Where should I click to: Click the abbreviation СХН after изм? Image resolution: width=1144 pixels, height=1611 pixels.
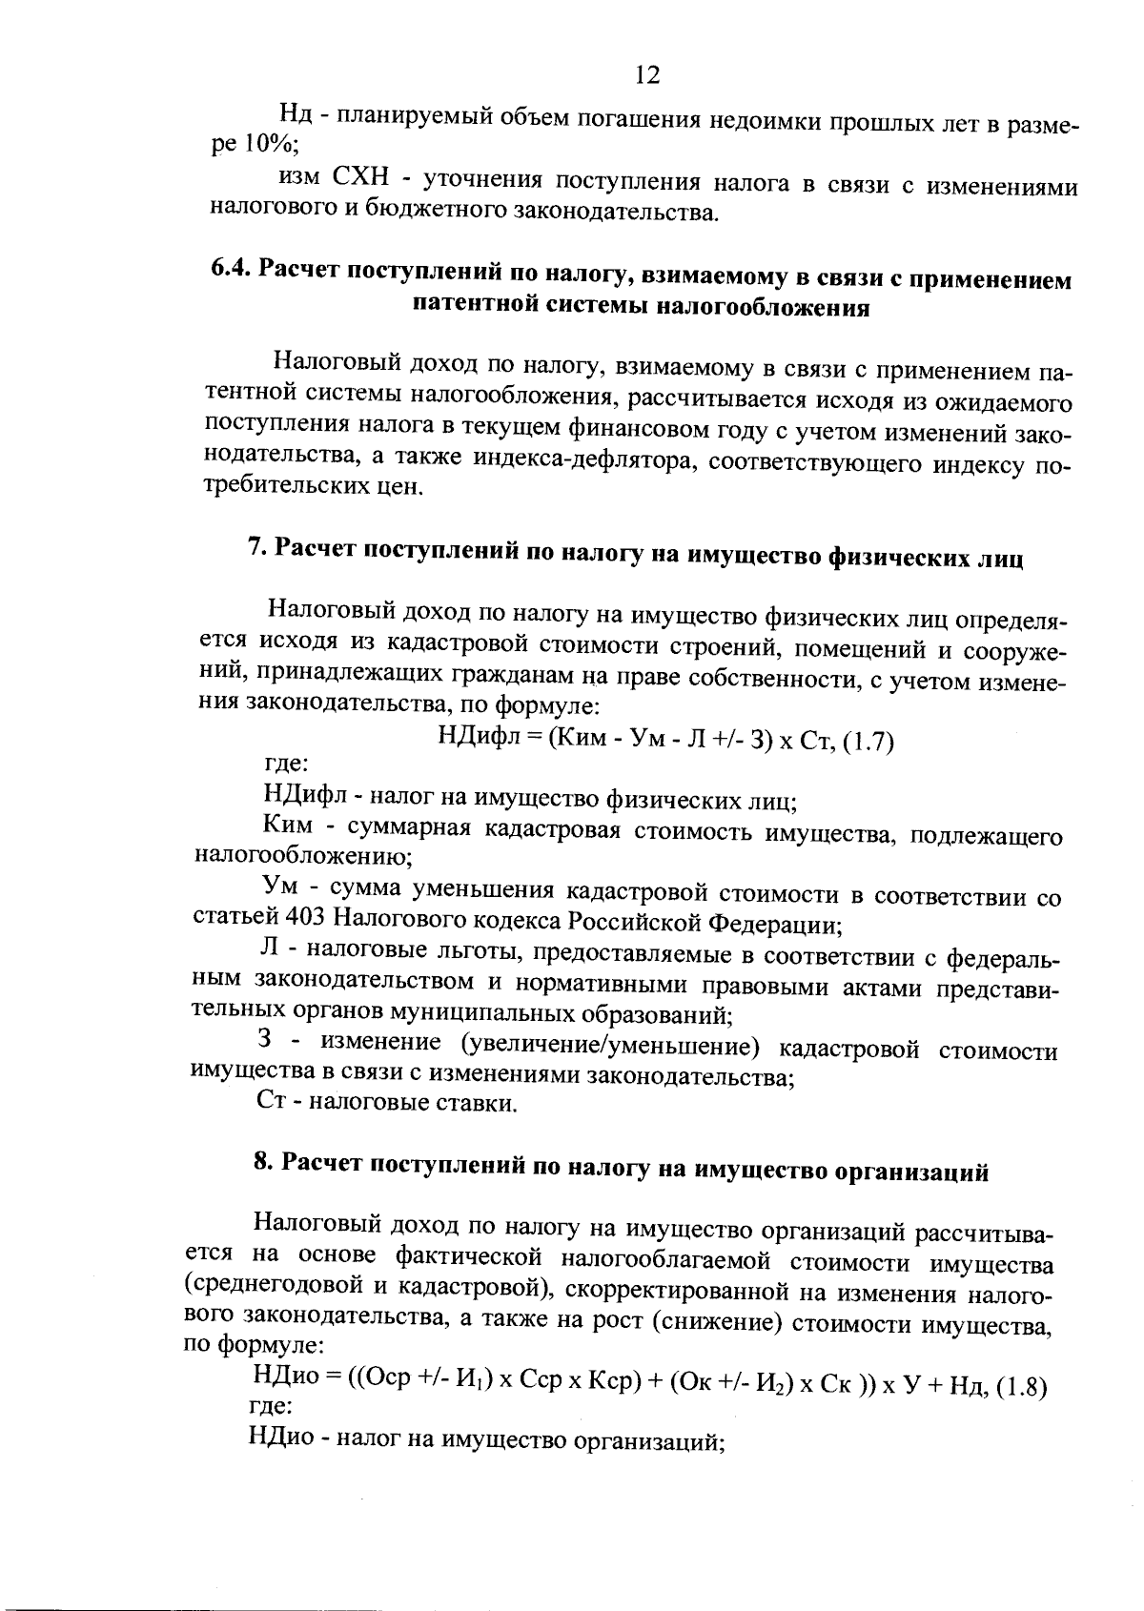tap(360, 179)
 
